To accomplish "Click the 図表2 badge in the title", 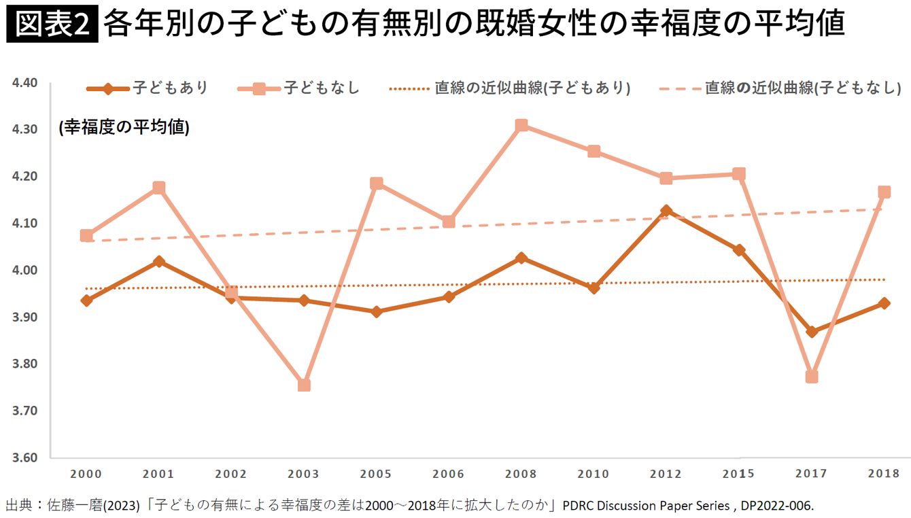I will pyautogui.click(x=52, y=24).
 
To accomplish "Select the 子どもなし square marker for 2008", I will pyautogui.click(x=521, y=125).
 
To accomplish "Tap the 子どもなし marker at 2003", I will pyautogui.click(x=304, y=385).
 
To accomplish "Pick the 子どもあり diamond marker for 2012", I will pyautogui.click(x=666, y=211).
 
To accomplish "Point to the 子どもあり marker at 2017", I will pyautogui.click(x=811, y=332).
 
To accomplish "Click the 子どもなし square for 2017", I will pyautogui.click(x=811, y=377).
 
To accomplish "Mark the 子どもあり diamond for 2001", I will pyautogui.click(x=159, y=261).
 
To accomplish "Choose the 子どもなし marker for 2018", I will pyautogui.click(x=884, y=192).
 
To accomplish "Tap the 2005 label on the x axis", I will pyautogui.click(x=376, y=474).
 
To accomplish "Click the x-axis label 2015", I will pyautogui.click(x=738, y=474).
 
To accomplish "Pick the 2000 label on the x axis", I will pyautogui.click(x=86, y=474).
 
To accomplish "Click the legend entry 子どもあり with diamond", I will pyautogui.click(x=148, y=88).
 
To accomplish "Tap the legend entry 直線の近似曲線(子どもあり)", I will pyautogui.click(x=510, y=88).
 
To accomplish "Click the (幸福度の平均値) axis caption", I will pyautogui.click(x=124, y=128).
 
